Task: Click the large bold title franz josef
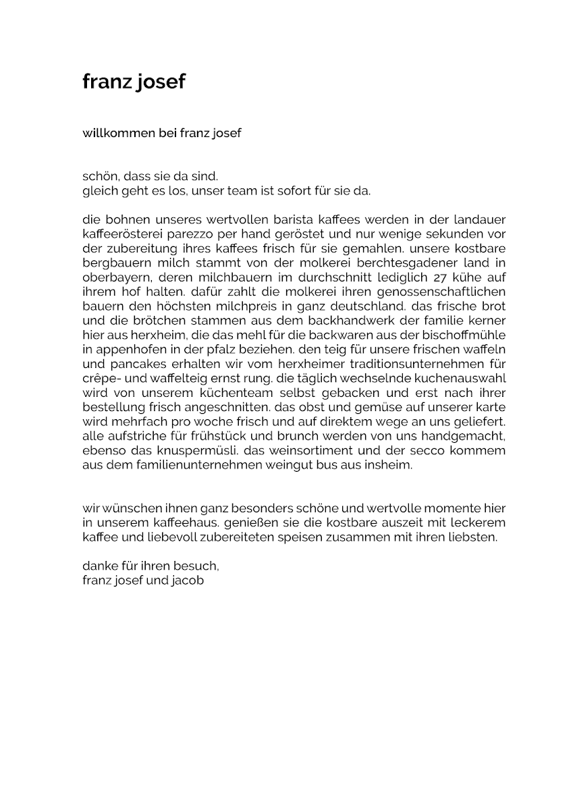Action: [x=134, y=82]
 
